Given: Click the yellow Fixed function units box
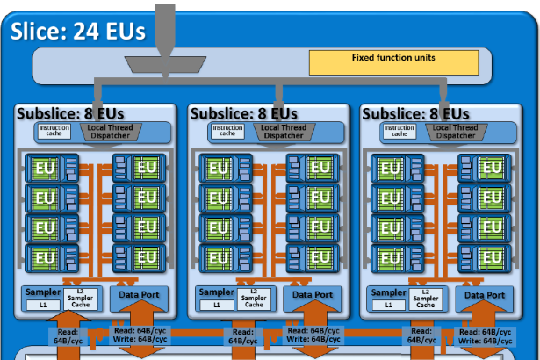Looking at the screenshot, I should coord(392,61).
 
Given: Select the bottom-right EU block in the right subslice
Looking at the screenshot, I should coord(490,258).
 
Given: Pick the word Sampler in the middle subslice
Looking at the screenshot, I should coord(216,292).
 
